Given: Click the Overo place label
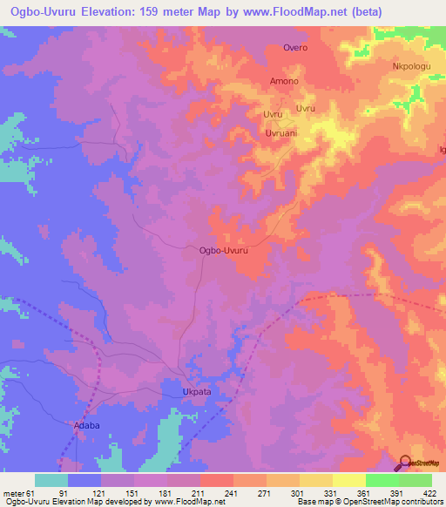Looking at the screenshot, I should click(295, 48).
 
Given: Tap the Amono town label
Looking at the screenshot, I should click(284, 81).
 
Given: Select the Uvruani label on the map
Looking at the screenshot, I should click(282, 133).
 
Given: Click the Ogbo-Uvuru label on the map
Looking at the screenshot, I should click(224, 250).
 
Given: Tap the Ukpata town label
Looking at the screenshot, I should click(197, 392).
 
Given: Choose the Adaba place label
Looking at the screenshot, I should click(84, 426).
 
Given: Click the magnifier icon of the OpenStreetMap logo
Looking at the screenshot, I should click(406, 462).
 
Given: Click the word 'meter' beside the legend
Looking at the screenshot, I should click(14, 493).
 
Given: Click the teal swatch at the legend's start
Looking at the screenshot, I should click(51, 480).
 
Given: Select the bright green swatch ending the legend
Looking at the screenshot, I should click(416, 480).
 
